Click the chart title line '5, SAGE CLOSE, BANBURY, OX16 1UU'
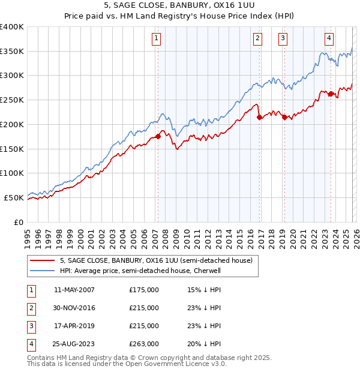pyautogui.click(x=180, y=6)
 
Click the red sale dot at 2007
pyautogui.click(x=158, y=136)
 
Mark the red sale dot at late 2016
pyautogui.click(x=259, y=118)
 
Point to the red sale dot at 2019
pyautogui.click(x=284, y=118)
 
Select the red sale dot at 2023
pyautogui.click(x=331, y=94)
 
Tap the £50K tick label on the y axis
pyautogui.click(x=14, y=197)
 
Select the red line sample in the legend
pyautogui.click(x=43, y=260)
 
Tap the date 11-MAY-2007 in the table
pyautogui.click(x=74, y=290)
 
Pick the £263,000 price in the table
pyautogui.click(x=144, y=344)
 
